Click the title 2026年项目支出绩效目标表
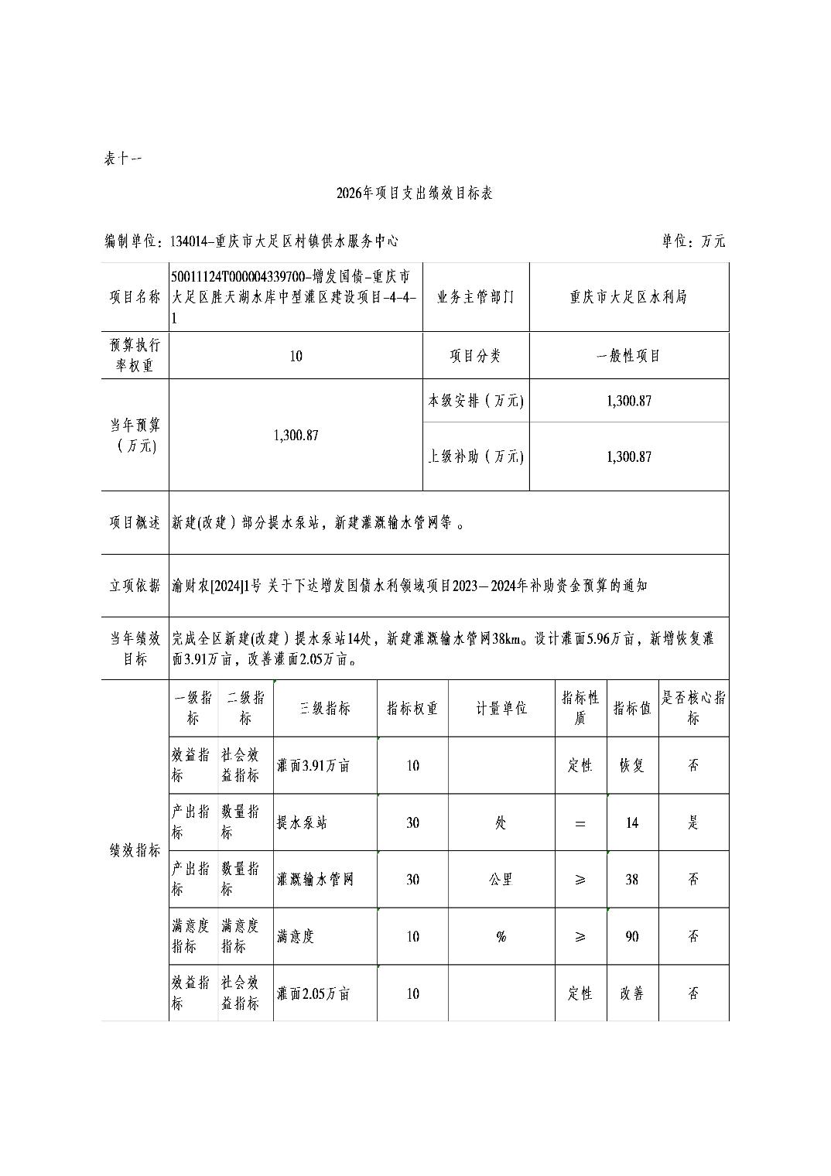(415, 193)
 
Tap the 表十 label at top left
(122, 159)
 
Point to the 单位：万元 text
(693, 241)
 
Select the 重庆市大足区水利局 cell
(628, 297)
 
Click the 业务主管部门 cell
(475, 297)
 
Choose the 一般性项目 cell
(628, 356)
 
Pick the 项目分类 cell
(475, 356)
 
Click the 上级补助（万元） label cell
(476, 456)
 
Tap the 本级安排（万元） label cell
(476, 401)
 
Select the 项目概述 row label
(135, 523)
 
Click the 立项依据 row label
(135, 586)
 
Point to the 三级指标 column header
(325, 708)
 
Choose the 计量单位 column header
(501, 708)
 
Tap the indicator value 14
(632, 822)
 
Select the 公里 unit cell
(501, 880)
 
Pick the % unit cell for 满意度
(501, 937)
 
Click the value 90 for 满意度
(632, 937)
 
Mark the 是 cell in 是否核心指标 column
(693, 822)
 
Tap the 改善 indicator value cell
(632, 993)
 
